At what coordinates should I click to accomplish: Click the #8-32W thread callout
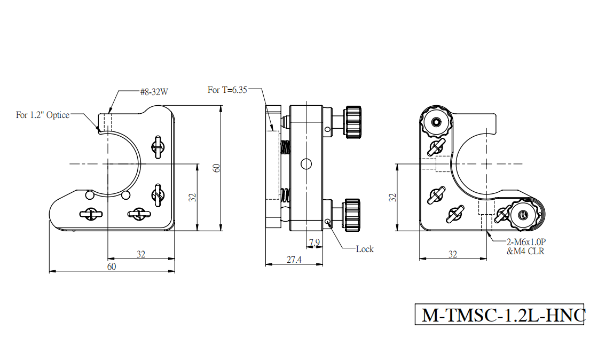coord(154,91)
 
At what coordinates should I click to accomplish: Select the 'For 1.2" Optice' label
coord(43,115)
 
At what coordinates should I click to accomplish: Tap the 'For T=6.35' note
coord(227,90)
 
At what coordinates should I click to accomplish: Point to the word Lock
coord(365,249)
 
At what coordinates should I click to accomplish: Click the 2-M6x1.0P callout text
coord(526,242)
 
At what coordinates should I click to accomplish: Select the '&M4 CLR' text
coord(525,251)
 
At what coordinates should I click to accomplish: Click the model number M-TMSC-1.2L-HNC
coord(503,315)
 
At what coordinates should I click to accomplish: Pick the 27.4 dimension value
coord(294,260)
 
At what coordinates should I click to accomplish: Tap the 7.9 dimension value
coord(314,242)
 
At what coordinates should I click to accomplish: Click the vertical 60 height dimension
coord(216,168)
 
